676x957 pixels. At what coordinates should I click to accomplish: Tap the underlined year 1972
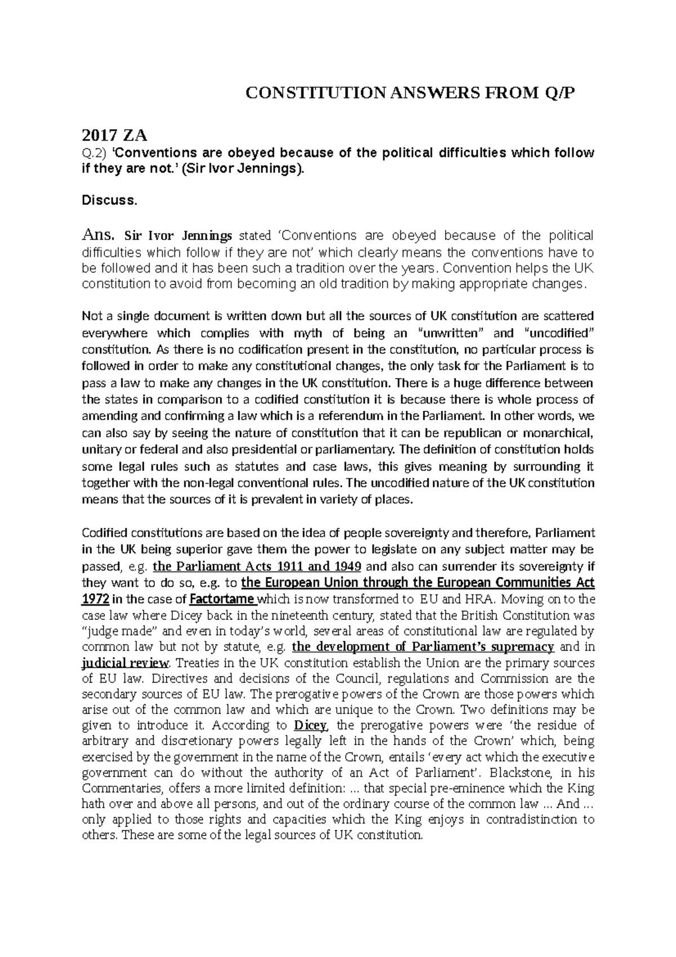click(95, 598)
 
